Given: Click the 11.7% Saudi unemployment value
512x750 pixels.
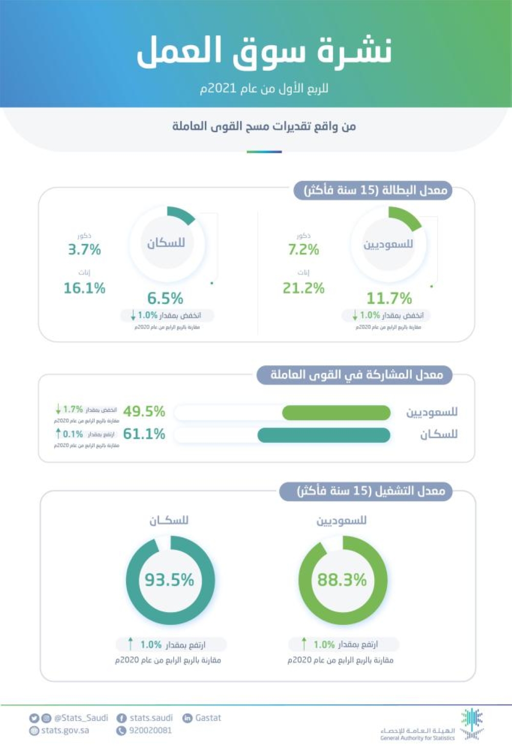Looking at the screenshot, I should tap(389, 298).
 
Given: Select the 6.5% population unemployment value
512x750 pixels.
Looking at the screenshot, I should tap(165, 298).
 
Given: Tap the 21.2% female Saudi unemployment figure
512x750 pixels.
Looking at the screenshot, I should tap(303, 288).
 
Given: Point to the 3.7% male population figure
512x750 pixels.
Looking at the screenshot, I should tap(84, 249).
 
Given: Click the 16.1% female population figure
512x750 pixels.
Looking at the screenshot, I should tap(84, 288).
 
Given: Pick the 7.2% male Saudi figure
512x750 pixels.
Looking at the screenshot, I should tap(303, 249).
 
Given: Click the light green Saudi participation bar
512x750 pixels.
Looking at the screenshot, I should tap(336, 412).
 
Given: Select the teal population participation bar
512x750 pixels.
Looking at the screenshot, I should tap(324, 435).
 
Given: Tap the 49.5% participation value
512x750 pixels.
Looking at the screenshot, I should tap(144, 411).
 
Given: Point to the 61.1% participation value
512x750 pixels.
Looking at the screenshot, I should tap(144, 434).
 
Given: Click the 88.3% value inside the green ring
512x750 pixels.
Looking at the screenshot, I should tap(342, 580).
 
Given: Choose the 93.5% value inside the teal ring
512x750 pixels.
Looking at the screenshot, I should tap(169, 580).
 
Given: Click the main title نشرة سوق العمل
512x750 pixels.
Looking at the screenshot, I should tap(264, 51).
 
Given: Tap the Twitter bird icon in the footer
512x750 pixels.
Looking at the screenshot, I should tap(34, 718).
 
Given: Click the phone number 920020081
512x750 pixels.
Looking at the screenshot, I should tap(150, 731).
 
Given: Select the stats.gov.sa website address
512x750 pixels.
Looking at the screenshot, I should tap(65, 731).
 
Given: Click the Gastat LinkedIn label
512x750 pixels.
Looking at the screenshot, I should tap(208, 718).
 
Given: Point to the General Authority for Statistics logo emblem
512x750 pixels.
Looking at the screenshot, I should tap(472, 723).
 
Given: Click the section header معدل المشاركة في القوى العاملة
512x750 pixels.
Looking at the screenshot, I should tap(356, 375).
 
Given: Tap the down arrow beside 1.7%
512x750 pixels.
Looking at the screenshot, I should tap(58, 409).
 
